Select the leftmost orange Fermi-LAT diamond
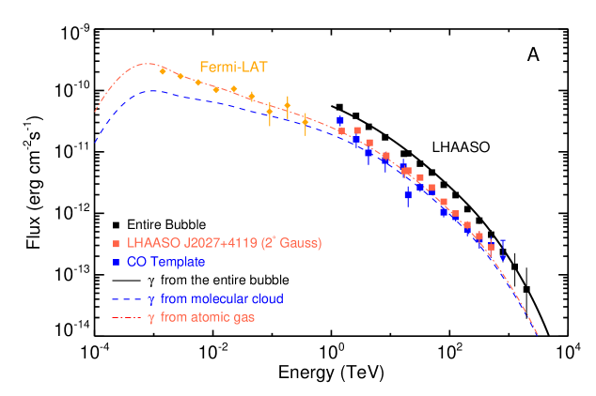163,71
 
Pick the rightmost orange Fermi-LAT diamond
306,121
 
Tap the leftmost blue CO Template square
340,120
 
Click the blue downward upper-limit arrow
503,256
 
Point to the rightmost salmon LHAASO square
491,247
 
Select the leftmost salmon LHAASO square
341,130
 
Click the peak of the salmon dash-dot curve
147,64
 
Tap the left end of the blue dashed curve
95,144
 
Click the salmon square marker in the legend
116,244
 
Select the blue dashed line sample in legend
126,299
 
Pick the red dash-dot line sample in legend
126,318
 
